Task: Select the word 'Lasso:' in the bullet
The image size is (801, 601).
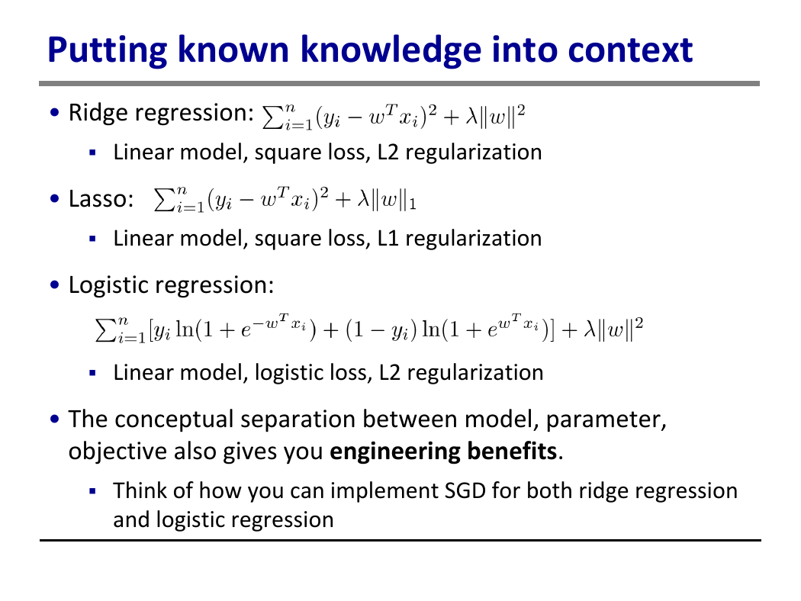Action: [101, 198]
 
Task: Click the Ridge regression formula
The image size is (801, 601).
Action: [394, 116]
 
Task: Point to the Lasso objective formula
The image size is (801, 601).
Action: [285, 198]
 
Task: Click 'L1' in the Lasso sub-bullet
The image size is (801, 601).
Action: [388, 239]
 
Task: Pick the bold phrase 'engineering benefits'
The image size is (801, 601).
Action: [443, 452]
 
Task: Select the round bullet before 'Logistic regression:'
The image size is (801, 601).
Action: [55, 284]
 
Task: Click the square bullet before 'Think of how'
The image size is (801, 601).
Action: [92, 491]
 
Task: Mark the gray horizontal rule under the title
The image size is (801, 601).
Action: [400, 83]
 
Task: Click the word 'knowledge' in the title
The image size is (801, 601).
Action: [391, 51]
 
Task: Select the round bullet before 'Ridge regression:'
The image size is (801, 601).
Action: [55, 112]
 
